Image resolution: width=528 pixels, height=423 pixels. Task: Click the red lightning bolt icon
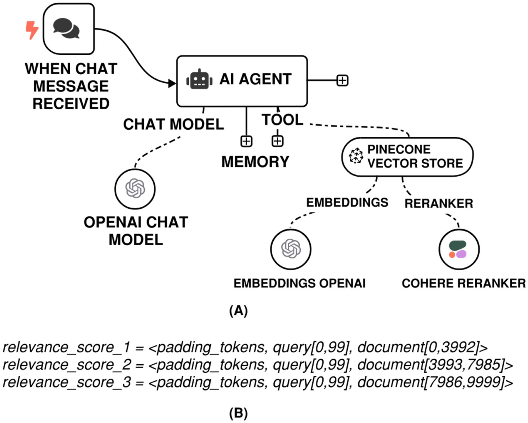pyautogui.click(x=32, y=30)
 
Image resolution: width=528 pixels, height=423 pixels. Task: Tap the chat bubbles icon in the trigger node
pyautogui.click(x=66, y=28)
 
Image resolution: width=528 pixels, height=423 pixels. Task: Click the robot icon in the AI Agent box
pyautogui.click(x=199, y=79)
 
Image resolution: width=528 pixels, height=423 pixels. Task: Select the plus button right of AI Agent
pyautogui.click(x=342, y=80)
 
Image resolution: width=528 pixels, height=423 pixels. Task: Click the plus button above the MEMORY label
pyautogui.click(x=246, y=141)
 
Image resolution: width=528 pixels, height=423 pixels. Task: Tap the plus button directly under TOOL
pyautogui.click(x=277, y=141)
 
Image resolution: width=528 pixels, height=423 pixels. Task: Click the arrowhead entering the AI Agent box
pyautogui.click(x=172, y=83)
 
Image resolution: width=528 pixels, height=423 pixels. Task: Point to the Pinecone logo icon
pyautogui.click(x=356, y=155)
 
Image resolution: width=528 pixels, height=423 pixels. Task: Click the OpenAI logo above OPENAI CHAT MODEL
pyautogui.click(x=135, y=188)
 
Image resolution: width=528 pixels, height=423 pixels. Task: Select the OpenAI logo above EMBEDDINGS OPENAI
pyautogui.click(x=291, y=249)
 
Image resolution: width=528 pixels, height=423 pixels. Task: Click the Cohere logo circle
pyautogui.click(x=459, y=249)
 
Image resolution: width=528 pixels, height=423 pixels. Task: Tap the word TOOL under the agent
pyautogui.click(x=283, y=119)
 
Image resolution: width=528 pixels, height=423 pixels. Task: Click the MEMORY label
pyautogui.click(x=255, y=162)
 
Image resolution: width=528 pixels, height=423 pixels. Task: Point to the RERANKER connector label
pyautogui.click(x=439, y=204)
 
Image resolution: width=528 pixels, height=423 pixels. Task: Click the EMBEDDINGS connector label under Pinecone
pyautogui.click(x=347, y=202)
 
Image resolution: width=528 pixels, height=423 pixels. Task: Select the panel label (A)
pyautogui.click(x=238, y=311)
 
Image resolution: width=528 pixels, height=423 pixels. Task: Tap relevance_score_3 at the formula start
pyautogui.click(x=67, y=382)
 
